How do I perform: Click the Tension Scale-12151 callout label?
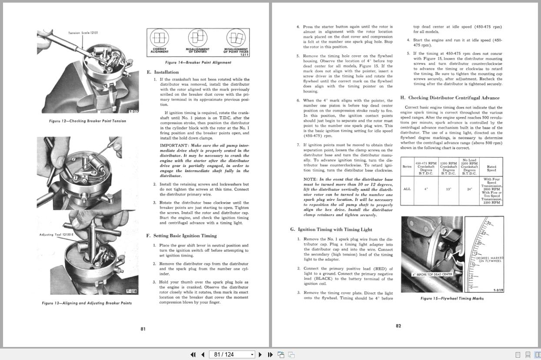83,33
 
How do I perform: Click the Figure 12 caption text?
87,121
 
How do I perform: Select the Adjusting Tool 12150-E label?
56,235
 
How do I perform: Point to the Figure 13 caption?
87,303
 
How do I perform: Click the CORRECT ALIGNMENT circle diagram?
159,39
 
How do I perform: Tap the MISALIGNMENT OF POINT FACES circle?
235,39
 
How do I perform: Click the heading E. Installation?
163,72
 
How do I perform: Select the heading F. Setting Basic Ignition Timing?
182,236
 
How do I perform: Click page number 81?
143,329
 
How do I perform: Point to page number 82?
398,326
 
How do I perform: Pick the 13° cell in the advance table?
448,189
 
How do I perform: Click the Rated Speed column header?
491,168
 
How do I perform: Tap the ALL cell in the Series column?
407,189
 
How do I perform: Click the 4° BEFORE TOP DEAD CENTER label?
432,274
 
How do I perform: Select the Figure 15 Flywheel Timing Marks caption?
452,299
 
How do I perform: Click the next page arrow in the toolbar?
260,355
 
